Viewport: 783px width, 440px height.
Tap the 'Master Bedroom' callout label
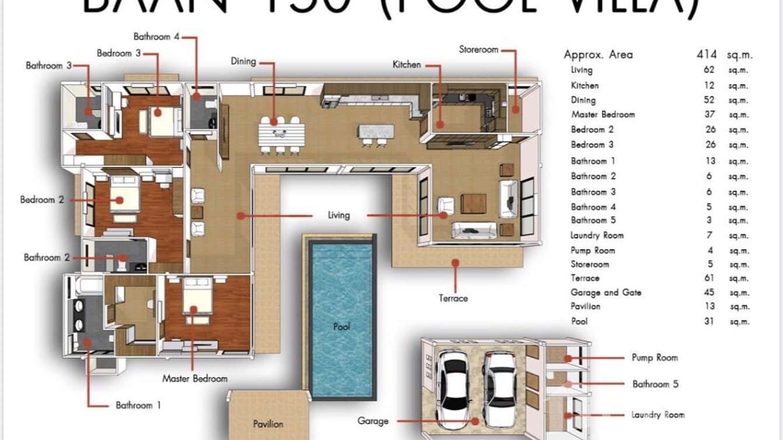pyautogui.click(x=195, y=379)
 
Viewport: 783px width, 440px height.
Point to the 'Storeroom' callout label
pyautogui.click(x=478, y=50)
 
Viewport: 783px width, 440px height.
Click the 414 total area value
pyautogui.click(x=706, y=55)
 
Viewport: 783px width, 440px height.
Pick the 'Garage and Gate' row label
pyautogui.click(x=606, y=292)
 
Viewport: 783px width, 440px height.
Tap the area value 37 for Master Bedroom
pyautogui.click(x=709, y=114)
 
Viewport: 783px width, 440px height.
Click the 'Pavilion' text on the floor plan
pyautogui.click(x=268, y=424)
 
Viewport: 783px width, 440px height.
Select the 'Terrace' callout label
pyautogui.click(x=453, y=298)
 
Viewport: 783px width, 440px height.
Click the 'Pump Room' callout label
pyautogui.click(x=655, y=358)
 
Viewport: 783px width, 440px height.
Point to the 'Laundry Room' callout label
pyautogui.click(x=658, y=415)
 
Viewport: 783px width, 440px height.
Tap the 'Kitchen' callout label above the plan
pyautogui.click(x=407, y=65)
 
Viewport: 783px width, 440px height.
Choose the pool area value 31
pyautogui.click(x=709, y=321)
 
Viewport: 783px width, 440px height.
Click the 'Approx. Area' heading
pyautogui.click(x=598, y=55)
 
